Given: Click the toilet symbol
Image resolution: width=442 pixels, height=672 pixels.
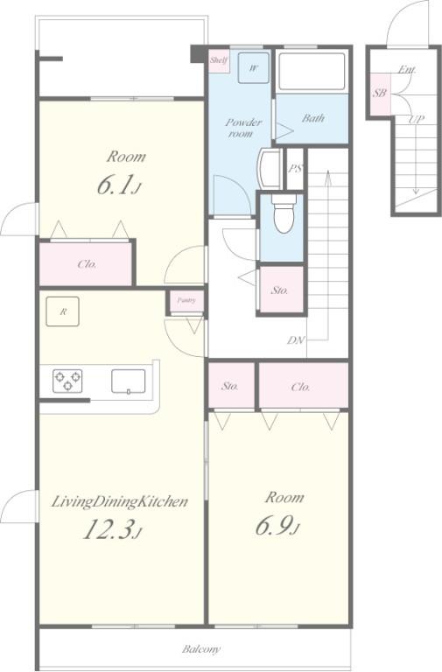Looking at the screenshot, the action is [x=284, y=213].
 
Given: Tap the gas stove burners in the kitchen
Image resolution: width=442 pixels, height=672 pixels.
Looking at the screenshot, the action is [x=67, y=381].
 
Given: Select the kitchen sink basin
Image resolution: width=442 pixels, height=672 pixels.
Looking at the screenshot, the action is [x=128, y=381].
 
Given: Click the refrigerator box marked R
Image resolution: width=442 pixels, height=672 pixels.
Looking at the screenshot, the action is [x=63, y=311].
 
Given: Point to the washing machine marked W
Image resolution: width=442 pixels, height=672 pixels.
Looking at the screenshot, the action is [x=254, y=67].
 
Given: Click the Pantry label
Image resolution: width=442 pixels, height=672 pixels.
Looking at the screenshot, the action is [x=186, y=300].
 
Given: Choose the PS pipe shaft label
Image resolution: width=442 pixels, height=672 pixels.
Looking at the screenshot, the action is [x=295, y=168].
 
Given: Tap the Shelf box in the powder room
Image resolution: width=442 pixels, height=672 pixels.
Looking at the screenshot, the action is [x=218, y=60].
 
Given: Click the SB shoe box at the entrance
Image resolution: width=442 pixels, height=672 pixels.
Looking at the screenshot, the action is [x=379, y=93].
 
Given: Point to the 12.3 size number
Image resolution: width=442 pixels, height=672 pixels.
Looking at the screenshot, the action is [x=111, y=529].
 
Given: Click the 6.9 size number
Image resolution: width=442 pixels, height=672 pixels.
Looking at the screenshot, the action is [x=277, y=526].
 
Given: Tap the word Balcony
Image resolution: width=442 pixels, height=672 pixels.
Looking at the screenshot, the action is [x=201, y=649].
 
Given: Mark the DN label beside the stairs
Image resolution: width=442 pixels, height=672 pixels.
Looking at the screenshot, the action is [x=296, y=340].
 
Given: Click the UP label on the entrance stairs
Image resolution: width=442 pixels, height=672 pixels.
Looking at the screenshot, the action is [x=416, y=119].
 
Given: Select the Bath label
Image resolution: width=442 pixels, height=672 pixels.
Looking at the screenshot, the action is [x=313, y=118].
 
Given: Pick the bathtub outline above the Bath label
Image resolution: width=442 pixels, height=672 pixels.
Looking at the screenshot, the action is [x=312, y=71].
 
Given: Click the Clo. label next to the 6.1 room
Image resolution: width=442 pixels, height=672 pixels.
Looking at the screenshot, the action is [x=87, y=264].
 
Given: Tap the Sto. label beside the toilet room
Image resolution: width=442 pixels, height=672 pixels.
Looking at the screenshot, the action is [x=279, y=290].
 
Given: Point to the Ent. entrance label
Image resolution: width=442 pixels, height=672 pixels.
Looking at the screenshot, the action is [x=406, y=69].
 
